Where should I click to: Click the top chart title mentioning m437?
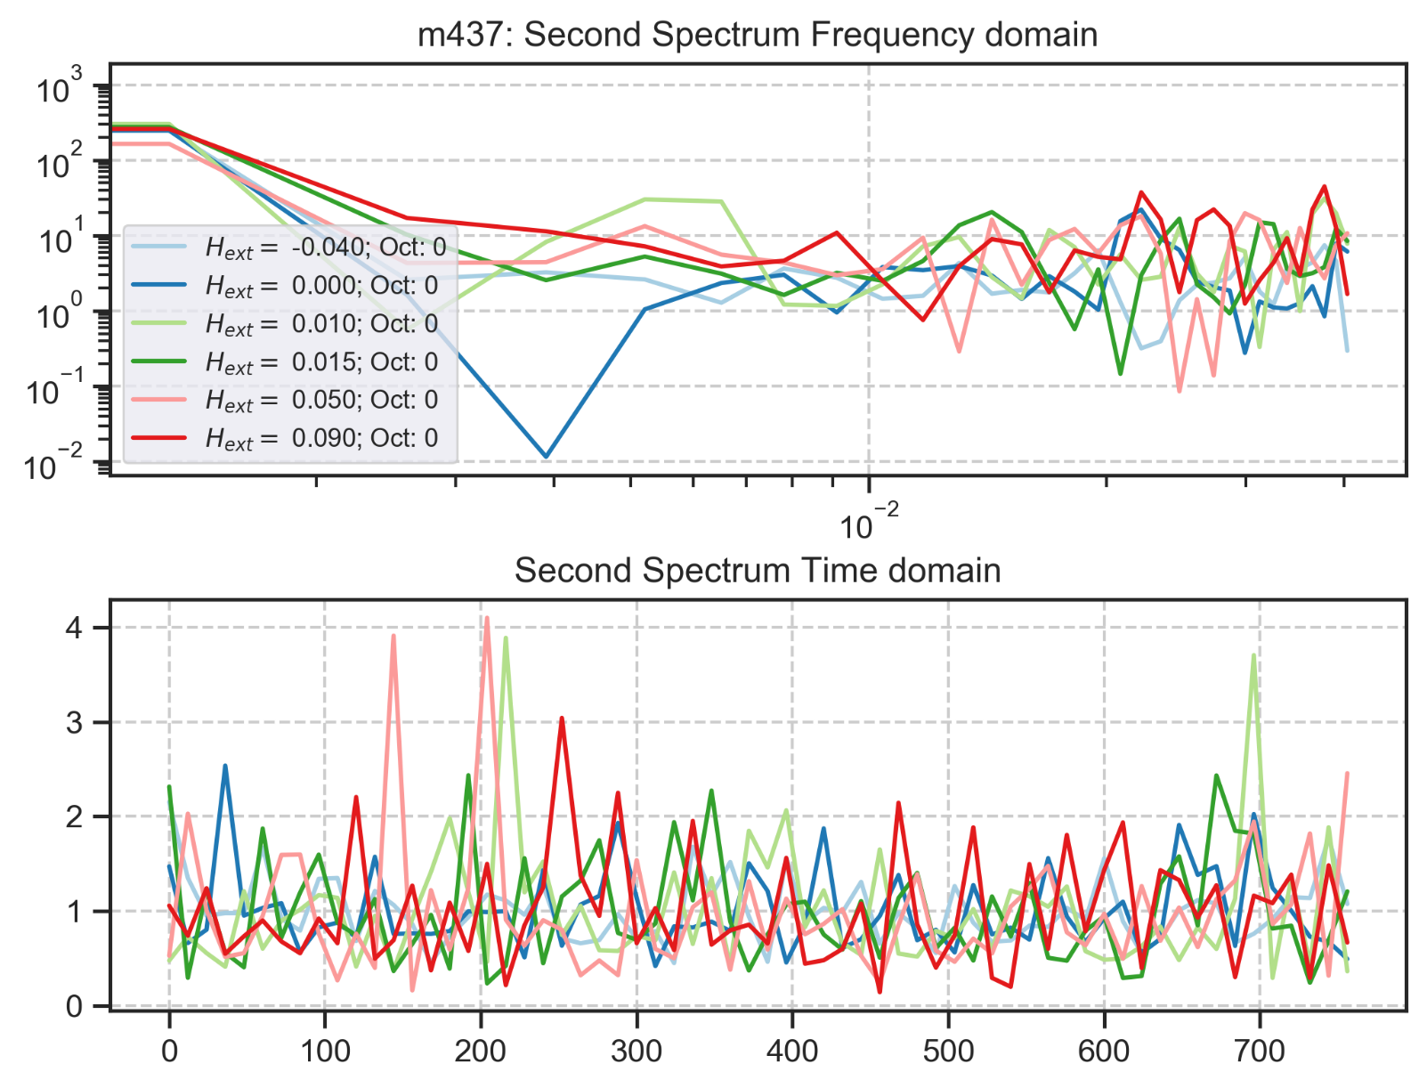[x=758, y=35]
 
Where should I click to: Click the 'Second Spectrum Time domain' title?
[x=758, y=571]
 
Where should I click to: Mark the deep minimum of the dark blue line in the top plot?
[x=546, y=457]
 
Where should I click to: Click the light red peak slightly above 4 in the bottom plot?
[x=486, y=618]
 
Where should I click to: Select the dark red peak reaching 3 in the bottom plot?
[x=562, y=718]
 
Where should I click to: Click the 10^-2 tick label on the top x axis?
[x=869, y=524]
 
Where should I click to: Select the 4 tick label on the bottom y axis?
[x=74, y=628]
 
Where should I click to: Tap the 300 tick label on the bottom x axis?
[x=636, y=1051]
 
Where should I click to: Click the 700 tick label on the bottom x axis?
[x=1260, y=1051]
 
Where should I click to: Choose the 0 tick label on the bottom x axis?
[x=169, y=1051]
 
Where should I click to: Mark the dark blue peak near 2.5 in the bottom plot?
[x=225, y=766]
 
